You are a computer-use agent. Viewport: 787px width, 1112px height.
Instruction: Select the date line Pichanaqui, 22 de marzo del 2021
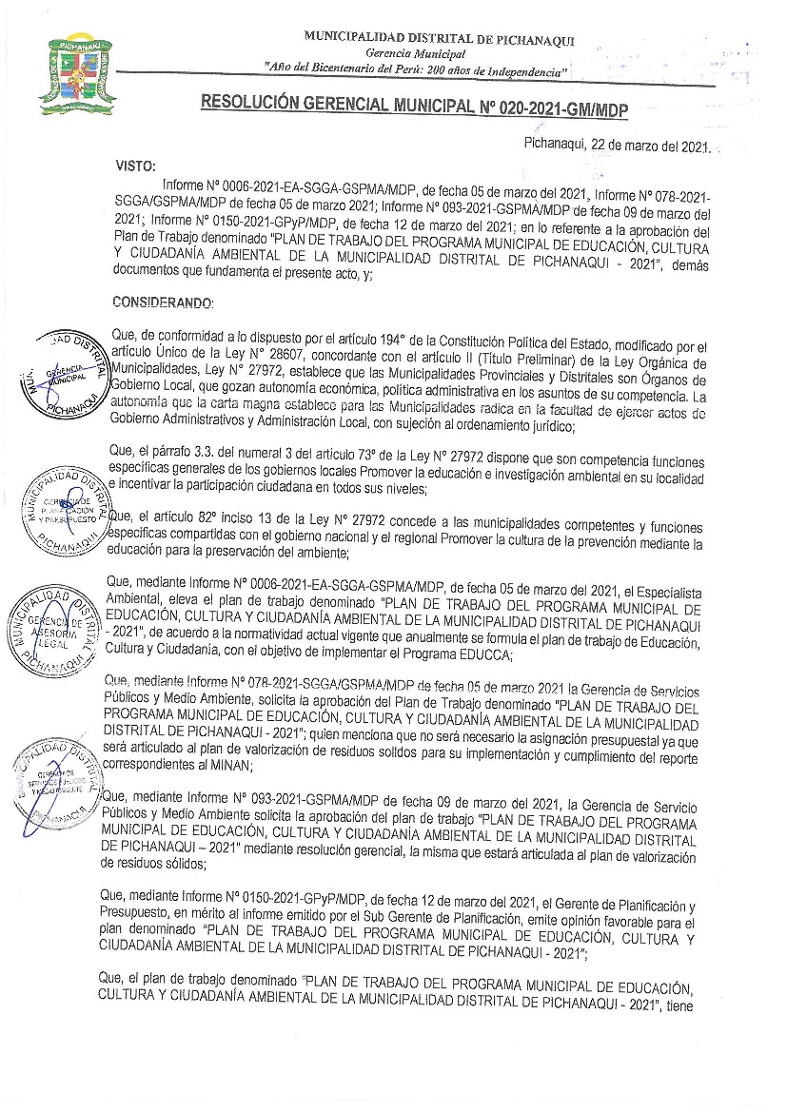coord(618,146)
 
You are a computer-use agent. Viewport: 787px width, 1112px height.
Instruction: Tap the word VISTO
coord(135,166)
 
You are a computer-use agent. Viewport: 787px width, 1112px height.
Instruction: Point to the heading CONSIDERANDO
coord(164,302)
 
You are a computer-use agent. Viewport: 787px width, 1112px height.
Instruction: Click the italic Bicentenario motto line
coord(417,71)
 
